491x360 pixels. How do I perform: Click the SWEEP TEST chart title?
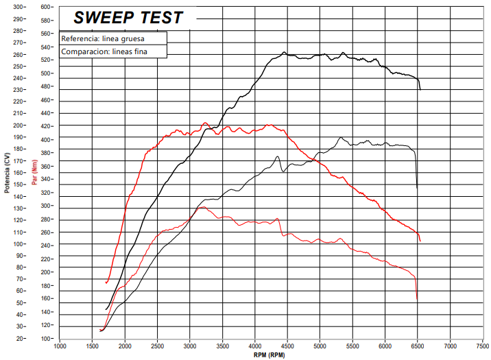click(x=128, y=17)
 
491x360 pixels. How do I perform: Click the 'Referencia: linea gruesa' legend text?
click(x=102, y=39)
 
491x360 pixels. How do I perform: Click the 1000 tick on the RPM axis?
click(x=60, y=346)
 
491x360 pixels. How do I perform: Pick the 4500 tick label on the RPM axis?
click(x=287, y=346)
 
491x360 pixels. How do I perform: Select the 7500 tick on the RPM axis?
click(x=483, y=346)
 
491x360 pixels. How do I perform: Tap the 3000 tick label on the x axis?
click(x=190, y=346)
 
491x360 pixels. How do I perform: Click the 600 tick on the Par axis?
click(x=46, y=7)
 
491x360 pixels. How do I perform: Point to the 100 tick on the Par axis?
click(x=46, y=339)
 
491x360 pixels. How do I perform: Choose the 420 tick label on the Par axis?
click(x=46, y=126)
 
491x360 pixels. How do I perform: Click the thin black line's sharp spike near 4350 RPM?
click(x=278, y=157)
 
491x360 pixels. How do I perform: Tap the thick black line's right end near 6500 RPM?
click(x=420, y=89)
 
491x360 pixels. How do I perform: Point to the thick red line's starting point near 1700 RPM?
click(x=106, y=283)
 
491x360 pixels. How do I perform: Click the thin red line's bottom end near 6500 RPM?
click(x=417, y=300)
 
